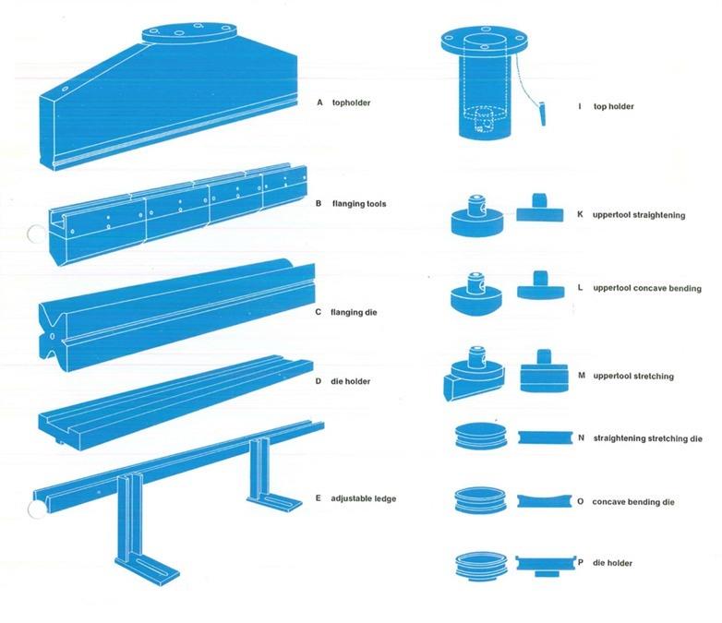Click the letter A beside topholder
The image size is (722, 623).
tap(319, 102)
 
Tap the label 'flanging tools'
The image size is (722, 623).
tap(363, 203)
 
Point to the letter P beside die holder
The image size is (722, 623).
tap(580, 562)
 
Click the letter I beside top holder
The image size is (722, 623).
tap(580, 107)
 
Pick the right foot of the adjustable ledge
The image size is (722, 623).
tap(273, 499)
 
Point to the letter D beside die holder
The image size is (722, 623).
tap(319, 380)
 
